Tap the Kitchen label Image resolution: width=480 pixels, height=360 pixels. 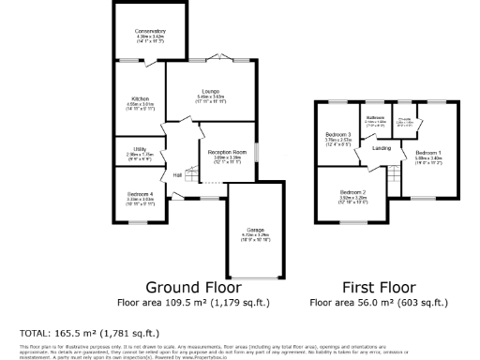[x=140, y=97]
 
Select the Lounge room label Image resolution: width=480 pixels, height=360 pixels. [x=210, y=91]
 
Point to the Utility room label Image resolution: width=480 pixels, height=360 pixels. [x=139, y=148]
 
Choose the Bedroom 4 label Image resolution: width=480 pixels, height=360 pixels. [x=140, y=194]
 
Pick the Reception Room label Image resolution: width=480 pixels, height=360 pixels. [x=228, y=150]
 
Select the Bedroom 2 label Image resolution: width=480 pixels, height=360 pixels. [x=352, y=191]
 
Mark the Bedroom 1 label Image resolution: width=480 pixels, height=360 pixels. [x=428, y=152]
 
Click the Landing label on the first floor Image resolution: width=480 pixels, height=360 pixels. [x=382, y=147]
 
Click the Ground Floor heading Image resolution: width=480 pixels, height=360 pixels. [x=193, y=287]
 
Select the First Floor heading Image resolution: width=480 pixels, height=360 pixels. [x=378, y=287]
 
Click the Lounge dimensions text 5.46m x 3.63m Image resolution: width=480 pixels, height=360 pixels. [x=210, y=97]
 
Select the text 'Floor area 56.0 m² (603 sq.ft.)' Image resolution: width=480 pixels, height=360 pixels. [x=378, y=303]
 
